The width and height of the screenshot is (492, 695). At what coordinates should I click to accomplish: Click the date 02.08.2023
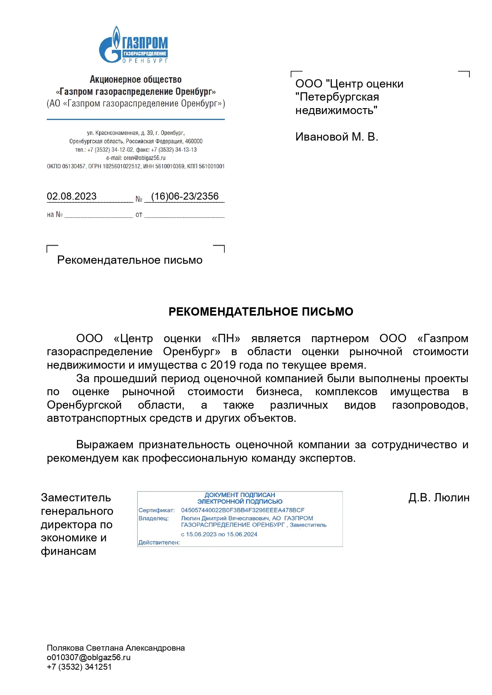pyautogui.click(x=72, y=196)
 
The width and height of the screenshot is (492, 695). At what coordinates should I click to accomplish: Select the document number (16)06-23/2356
pyautogui.click(x=185, y=196)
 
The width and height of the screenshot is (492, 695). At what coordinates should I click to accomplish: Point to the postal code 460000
pyautogui.click(x=194, y=141)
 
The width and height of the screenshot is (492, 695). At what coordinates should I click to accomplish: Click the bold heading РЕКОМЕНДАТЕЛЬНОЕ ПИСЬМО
pyautogui.click(x=260, y=312)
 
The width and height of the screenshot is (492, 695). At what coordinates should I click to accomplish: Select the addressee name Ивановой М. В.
pyautogui.click(x=337, y=137)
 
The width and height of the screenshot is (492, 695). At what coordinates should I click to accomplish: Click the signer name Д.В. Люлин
pyautogui.click(x=438, y=498)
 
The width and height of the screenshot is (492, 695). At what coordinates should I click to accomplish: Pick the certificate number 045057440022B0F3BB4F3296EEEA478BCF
pyautogui.click(x=243, y=510)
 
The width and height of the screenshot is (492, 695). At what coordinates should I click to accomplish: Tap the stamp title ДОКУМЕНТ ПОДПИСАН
pyautogui.click(x=239, y=495)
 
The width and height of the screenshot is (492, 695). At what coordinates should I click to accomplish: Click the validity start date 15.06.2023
pyautogui.click(x=201, y=534)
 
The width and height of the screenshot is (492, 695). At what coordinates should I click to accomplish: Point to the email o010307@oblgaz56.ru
pyautogui.click(x=89, y=657)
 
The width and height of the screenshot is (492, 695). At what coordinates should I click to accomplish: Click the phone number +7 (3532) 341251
pyautogui.click(x=79, y=667)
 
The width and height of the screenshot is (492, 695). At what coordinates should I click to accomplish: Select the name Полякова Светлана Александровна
pyautogui.click(x=116, y=648)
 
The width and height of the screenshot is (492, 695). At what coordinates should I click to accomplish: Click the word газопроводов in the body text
pyautogui.click(x=430, y=405)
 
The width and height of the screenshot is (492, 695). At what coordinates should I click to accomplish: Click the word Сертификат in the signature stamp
pyautogui.click(x=156, y=510)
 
